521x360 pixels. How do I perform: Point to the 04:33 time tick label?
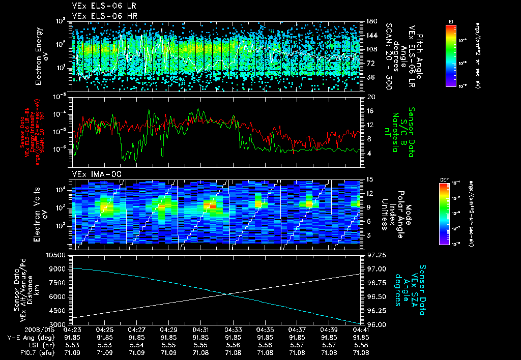point(233,329)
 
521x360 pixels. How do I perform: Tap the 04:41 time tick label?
point(362,329)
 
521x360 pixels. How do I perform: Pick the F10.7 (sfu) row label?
point(31,352)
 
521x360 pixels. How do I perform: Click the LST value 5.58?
point(362,345)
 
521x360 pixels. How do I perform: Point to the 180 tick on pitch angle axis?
point(371,21)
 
